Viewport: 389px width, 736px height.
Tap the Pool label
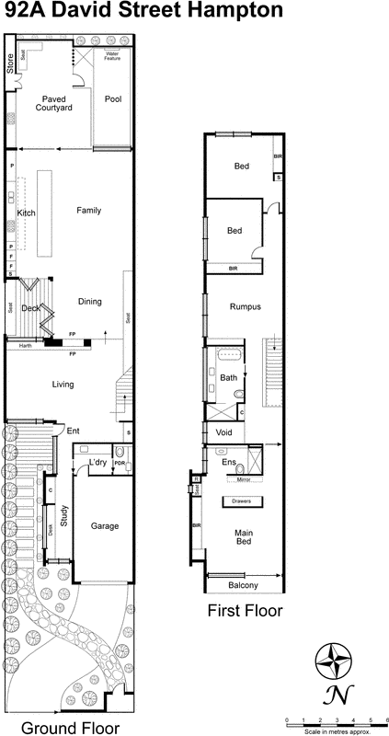pos(113,99)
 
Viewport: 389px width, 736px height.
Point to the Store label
pos(11,63)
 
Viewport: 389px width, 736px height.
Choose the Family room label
pos(89,210)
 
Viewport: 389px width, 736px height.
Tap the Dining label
pos(89,301)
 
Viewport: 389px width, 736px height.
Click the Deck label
pos(29,309)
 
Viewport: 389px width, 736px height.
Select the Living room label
pos(62,385)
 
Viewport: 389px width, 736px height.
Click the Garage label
pos(104,526)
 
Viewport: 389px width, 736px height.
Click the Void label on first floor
pos(223,431)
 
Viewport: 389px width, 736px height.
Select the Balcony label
pos(242,586)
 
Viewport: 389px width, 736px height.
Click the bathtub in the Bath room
pos(228,354)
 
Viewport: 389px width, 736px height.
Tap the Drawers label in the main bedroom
pos(243,500)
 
